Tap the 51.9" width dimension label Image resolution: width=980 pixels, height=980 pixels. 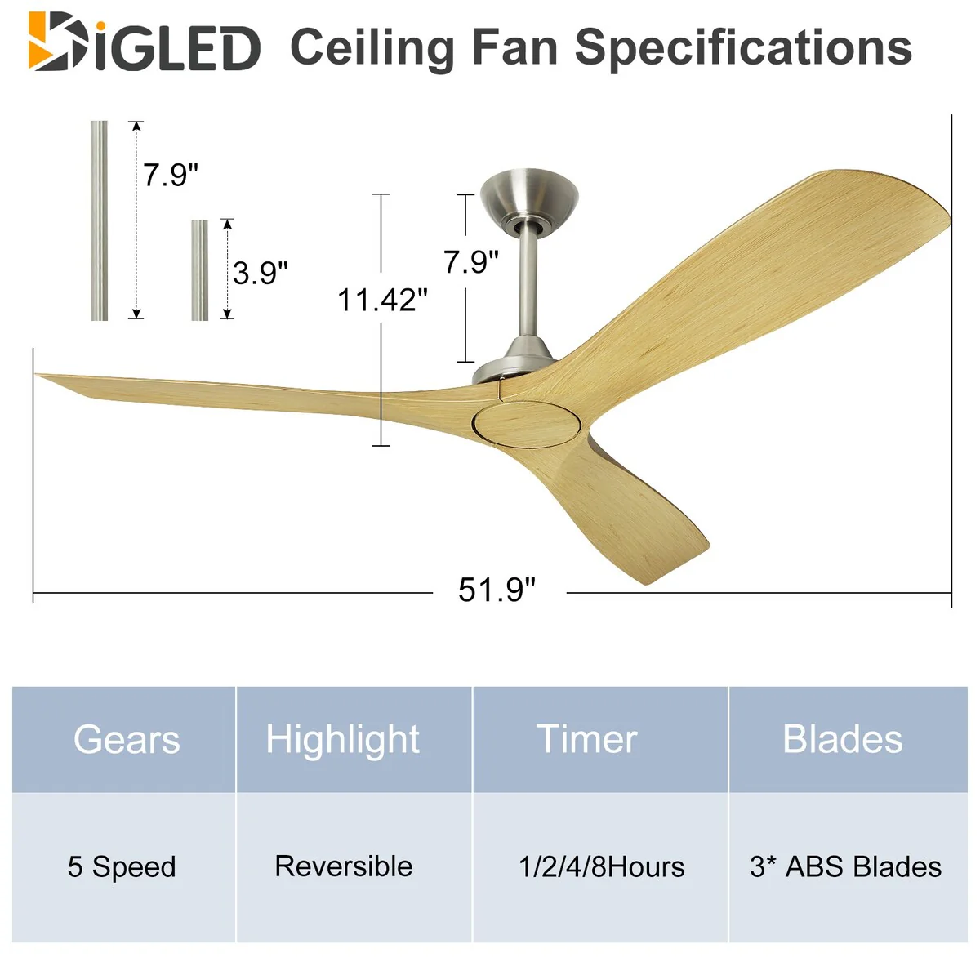[497, 590]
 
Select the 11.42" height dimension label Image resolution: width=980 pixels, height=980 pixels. [382, 300]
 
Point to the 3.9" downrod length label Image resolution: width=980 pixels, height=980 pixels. [261, 273]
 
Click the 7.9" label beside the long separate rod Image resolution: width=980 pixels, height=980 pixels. [170, 175]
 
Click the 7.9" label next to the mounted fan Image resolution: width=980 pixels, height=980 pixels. [471, 262]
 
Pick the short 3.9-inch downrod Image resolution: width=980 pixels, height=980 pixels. [200, 270]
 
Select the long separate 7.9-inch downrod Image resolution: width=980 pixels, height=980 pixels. [99, 220]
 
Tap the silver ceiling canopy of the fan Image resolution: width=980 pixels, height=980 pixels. [529, 198]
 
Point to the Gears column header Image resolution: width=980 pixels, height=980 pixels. [127, 739]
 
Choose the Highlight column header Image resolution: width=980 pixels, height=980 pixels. [343, 741]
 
